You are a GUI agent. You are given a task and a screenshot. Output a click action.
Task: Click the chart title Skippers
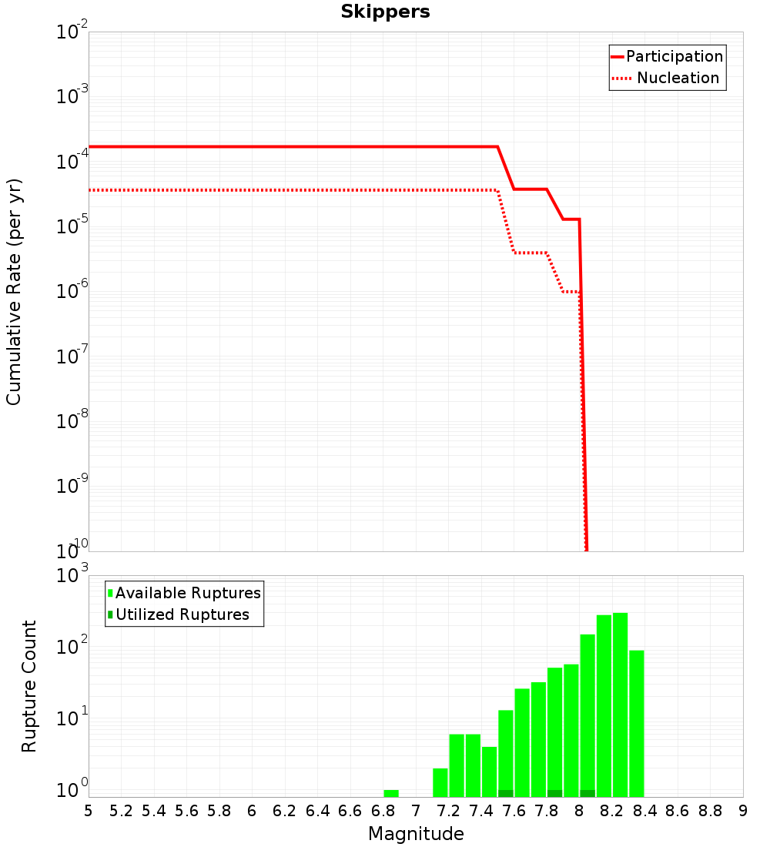tap(385, 12)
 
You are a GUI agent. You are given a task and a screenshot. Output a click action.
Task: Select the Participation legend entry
tap(667, 56)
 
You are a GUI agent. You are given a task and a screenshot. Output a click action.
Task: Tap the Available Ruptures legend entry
tap(184, 593)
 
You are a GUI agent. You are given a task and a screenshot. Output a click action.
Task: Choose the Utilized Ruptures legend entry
tap(179, 614)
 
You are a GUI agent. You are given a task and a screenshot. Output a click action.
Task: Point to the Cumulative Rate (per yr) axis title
tap(14, 292)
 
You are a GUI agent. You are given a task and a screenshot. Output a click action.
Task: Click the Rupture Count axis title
tap(28, 686)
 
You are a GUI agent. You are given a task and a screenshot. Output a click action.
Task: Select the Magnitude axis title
tap(416, 834)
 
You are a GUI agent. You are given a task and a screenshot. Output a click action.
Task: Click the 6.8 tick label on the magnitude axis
tap(383, 812)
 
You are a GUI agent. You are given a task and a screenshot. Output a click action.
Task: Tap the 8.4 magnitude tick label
tap(644, 812)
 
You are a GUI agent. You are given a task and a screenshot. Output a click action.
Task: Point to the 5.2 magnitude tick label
tap(121, 812)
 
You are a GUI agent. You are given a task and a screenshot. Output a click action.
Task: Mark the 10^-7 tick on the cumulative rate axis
tap(72, 354)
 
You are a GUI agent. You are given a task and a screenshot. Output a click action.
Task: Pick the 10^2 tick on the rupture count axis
tap(72, 644)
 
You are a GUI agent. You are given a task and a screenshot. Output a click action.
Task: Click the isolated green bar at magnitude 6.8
tap(391, 794)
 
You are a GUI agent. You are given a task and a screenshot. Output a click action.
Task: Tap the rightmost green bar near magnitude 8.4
tap(637, 724)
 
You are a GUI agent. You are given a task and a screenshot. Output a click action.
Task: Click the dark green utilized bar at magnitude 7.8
tap(555, 794)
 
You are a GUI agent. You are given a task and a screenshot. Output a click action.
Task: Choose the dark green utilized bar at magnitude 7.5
tap(506, 794)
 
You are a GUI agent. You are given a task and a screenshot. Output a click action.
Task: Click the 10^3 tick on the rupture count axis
tap(72, 574)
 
